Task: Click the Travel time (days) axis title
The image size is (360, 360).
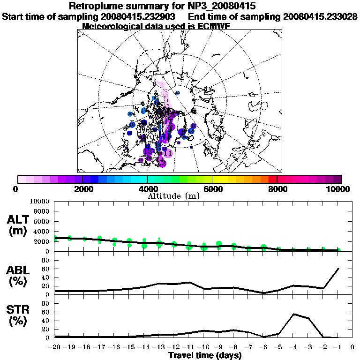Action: pyautogui.click(x=205, y=356)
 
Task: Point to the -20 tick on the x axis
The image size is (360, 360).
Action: pyautogui.click(x=55, y=347)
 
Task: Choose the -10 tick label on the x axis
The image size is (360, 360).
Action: pyautogui.click(x=204, y=347)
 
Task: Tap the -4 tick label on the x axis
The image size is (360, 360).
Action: pyautogui.click(x=293, y=347)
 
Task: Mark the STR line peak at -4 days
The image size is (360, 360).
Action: pyautogui.click(x=293, y=314)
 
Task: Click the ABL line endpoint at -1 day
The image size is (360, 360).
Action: pyautogui.click(x=338, y=269)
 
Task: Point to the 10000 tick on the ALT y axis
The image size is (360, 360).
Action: pyautogui.click(x=41, y=201)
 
